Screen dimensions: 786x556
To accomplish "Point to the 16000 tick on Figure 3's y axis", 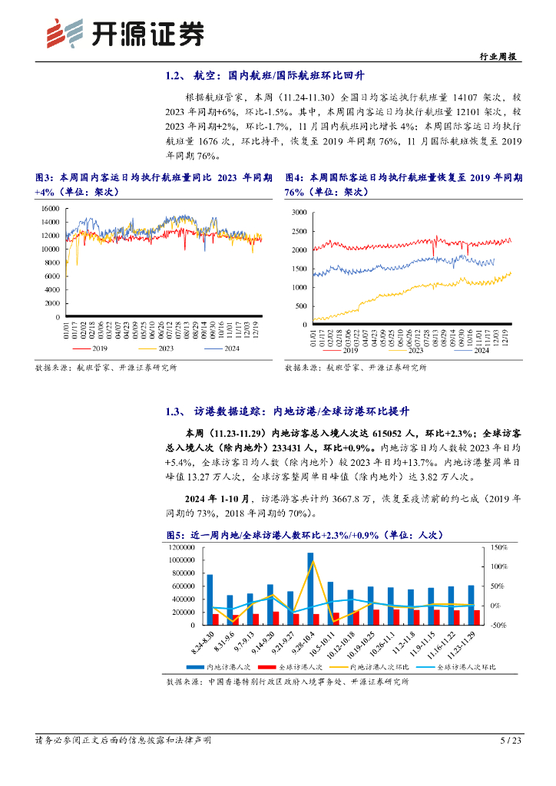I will pyautogui.click(x=50, y=208).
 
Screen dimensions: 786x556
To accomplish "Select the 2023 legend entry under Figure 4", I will pyautogui.click(x=415, y=351).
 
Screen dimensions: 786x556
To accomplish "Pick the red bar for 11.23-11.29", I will pyautogui.click(x=477, y=617).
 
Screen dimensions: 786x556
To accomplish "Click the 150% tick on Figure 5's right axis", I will pyautogui.click(x=497, y=547).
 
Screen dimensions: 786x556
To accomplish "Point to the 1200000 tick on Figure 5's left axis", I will pyautogui.click(x=183, y=547).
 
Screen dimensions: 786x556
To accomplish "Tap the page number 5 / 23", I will pyautogui.click(x=510, y=740).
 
